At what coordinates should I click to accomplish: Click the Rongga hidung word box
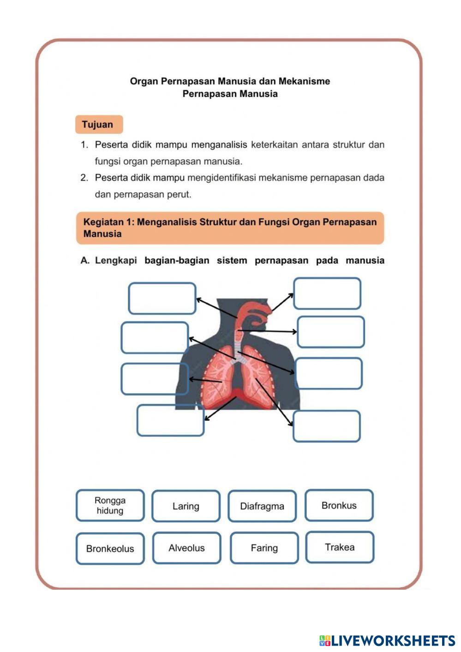coord(110,505)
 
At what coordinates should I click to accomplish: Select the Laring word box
coord(186,506)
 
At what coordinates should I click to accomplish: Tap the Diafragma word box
coord(262,506)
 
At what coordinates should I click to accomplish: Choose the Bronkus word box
coord(339,505)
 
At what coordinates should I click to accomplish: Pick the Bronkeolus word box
coord(110,549)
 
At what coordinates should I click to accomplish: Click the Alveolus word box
coord(186,548)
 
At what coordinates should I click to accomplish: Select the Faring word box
coord(264,548)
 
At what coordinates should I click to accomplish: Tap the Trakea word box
coord(340,547)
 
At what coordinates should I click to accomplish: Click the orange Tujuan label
coord(99,125)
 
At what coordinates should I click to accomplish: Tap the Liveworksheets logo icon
coord(325,640)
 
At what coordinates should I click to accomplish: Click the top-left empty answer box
coord(162,299)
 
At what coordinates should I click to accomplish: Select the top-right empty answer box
coord(327,293)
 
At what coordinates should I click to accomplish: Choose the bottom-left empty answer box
coord(170,420)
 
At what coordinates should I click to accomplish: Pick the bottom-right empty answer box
coord(326,426)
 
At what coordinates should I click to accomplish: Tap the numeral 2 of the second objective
coord(84,178)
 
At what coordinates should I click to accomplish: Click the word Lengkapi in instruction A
coord(116,260)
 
